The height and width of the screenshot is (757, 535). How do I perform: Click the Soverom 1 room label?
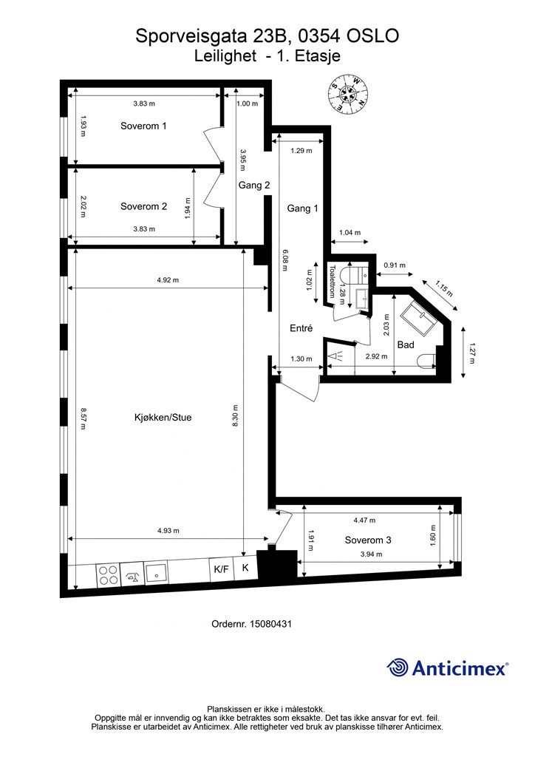coord(143,126)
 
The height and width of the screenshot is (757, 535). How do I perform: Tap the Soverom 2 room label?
coord(143,206)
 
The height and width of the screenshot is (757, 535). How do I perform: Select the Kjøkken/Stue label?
coord(163,418)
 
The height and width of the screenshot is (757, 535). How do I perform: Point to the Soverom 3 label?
coord(367,540)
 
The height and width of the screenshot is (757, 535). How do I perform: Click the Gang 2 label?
coord(253,186)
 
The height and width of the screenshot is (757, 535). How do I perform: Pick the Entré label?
coord(301,328)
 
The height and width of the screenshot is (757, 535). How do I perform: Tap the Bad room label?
coord(405,344)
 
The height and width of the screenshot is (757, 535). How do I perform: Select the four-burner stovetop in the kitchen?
coord(108,575)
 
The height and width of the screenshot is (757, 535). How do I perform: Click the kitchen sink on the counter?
coord(156,574)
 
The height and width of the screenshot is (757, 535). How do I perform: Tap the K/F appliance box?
coord(222,569)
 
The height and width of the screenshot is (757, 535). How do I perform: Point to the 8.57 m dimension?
coord(83,418)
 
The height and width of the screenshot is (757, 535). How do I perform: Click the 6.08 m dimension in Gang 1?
coord(284,260)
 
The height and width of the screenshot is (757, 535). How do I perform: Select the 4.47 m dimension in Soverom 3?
coord(364,520)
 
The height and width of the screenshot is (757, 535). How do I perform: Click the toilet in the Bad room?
coord(427,361)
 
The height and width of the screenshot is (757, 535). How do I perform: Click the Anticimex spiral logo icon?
coord(398,668)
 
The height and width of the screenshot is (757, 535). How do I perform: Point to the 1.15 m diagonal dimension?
coord(444,289)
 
